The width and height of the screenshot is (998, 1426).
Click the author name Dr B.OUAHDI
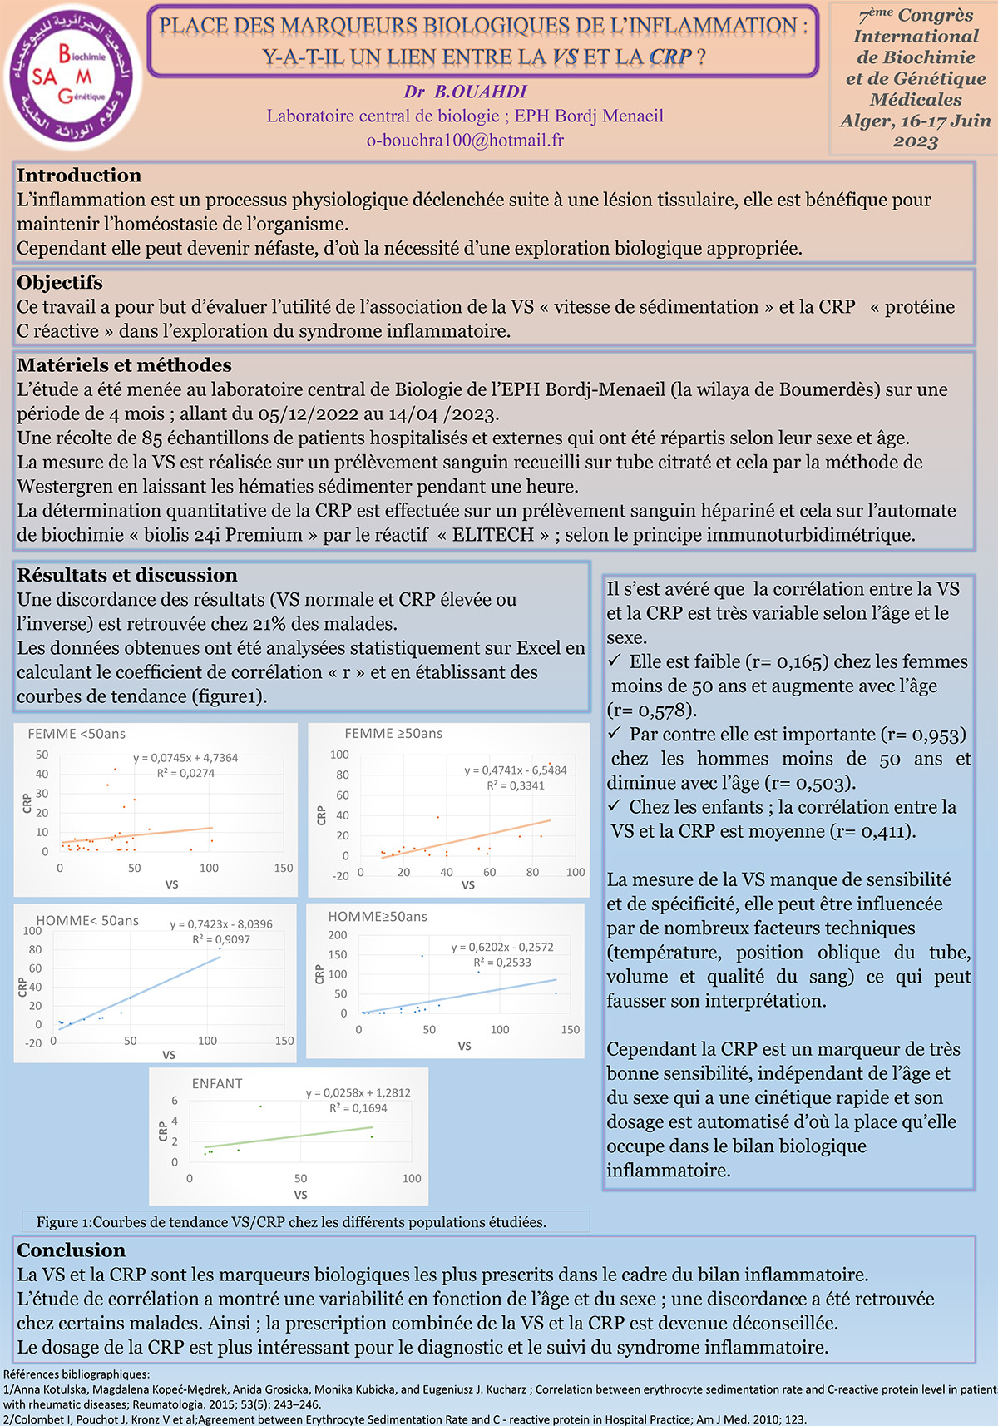point(465,92)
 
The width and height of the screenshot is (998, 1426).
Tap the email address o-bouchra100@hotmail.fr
point(465,140)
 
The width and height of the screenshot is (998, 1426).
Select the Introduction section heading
point(79,176)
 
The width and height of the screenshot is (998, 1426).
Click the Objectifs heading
point(60,283)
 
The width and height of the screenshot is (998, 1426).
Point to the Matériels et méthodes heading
point(124,365)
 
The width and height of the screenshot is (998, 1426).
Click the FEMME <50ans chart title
point(77,734)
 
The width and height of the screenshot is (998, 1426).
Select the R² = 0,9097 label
point(221,939)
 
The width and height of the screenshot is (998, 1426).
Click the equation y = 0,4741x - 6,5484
point(516,770)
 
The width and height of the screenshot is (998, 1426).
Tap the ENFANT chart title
point(217,1084)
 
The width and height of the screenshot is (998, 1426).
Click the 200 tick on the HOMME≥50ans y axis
point(338,935)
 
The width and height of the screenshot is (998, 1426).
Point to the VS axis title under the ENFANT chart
point(300,1195)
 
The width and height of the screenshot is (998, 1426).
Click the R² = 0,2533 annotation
point(502,963)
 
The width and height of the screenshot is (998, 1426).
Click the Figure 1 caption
point(291,1222)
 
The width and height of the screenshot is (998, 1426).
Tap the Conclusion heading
point(71,1250)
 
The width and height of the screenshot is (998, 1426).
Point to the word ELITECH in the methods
point(493,535)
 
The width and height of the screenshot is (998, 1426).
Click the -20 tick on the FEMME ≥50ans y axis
point(340,876)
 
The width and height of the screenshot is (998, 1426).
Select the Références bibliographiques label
point(76,1374)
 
